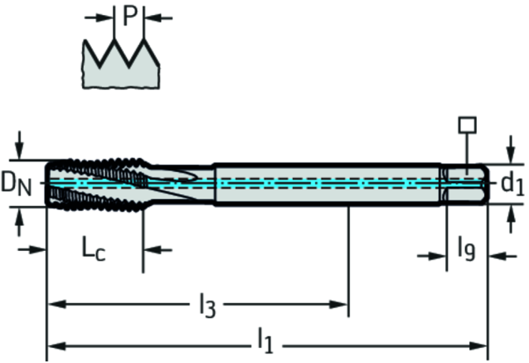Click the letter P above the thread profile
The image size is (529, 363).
pyautogui.click(x=129, y=16)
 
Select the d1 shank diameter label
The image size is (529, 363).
pyautogui.click(x=512, y=184)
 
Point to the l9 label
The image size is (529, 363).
pyautogui.click(x=467, y=251)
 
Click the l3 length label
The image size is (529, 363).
pyautogui.click(x=207, y=304)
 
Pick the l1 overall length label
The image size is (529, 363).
pyautogui.click(x=265, y=341)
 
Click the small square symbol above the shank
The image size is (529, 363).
pyautogui.click(x=467, y=124)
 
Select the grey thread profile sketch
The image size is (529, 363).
pyautogui.click(x=123, y=66)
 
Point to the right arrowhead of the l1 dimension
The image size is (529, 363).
pyautogui.click(x=481, y=345)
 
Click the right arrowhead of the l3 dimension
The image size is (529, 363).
pyautogui.click(x=340, y=304)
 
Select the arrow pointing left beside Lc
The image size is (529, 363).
pyautogui.click(x=154, y=250)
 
